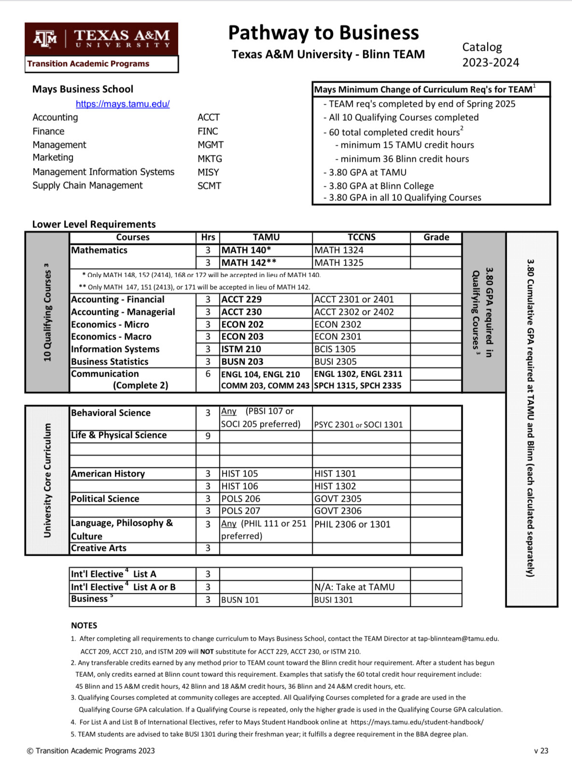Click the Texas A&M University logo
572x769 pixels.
(101, 39)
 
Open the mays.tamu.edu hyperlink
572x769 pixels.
(123, 104)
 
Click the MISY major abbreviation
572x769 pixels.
(208, 172)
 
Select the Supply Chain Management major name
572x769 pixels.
(87, 185)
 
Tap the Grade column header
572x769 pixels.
(436, 237)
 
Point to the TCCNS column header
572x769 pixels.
(361, 237)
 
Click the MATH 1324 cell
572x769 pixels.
(339, 250)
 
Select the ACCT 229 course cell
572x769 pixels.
(241, 299)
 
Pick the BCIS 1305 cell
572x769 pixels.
(335, 349)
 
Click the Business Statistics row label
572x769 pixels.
(110, 362)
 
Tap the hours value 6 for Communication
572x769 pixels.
(208, 374)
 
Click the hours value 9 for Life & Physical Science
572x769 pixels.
(208, 435)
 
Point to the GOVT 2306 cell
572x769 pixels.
(338, 511)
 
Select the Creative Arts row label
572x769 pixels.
(98, 548)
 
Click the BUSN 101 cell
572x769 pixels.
(240, 600)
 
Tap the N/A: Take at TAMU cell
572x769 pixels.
(354, 587)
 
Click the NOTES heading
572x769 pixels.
(84, 625)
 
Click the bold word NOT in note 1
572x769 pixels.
(207, 651)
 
